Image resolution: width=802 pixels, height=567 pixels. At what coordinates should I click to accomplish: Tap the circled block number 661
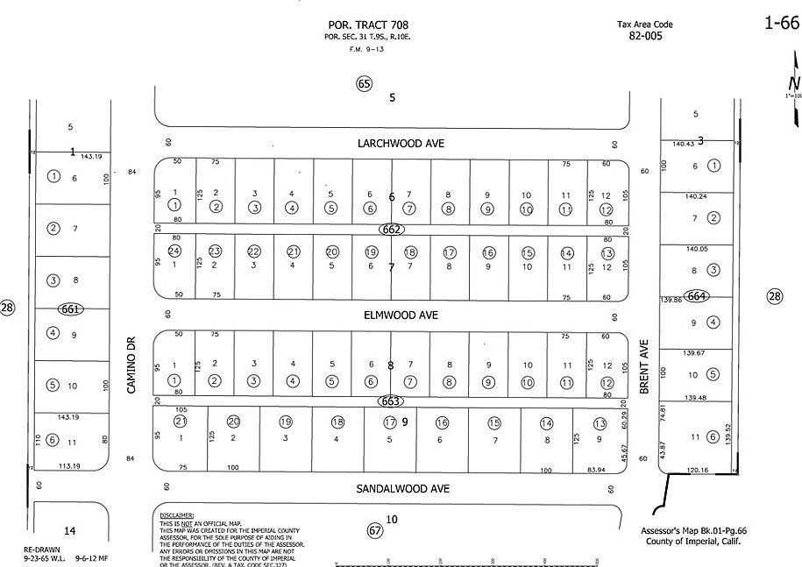71,308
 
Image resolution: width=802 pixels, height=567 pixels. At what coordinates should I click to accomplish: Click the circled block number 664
697,295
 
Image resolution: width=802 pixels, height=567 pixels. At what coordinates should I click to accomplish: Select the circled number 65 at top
365,83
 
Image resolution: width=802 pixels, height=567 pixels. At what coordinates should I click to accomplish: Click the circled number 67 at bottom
375,530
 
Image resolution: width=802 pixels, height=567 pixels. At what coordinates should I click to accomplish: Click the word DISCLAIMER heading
177,516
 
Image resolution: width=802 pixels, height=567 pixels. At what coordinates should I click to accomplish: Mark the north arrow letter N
793,84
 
